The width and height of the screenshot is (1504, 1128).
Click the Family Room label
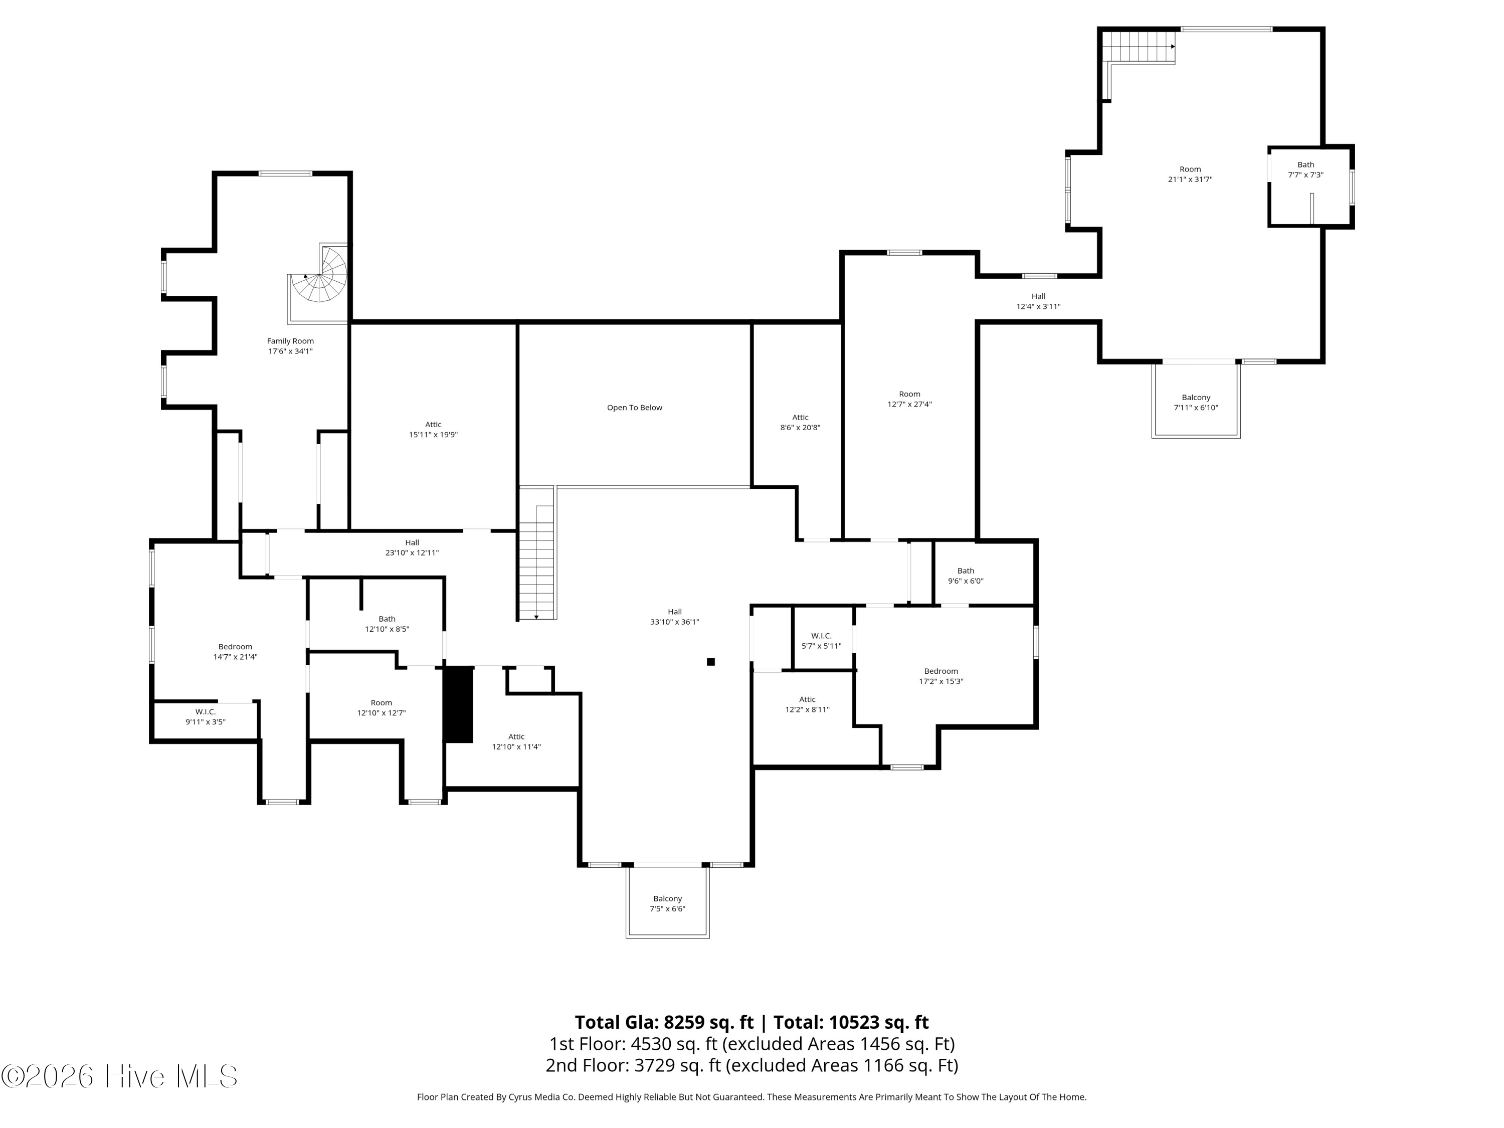tap(290, 346)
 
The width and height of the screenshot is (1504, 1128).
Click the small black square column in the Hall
tap(710, 662)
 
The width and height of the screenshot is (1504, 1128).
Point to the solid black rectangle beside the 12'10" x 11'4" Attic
tap(458, 704)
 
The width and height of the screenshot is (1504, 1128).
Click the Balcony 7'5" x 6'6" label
tap(668, 903)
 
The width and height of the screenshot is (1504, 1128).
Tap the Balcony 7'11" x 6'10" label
tap(1196, 403)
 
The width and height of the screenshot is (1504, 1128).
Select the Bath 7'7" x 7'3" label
tap(1305, 169)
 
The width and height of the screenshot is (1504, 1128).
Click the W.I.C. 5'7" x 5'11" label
tap(821, 641)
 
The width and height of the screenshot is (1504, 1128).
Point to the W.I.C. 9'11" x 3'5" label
tap(206, 716)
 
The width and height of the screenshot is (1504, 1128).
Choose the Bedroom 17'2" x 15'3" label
tap(941, 676)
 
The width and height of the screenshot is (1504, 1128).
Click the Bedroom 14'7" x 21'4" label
tap(235, 651)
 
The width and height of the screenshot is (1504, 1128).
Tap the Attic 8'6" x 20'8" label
tap(800, 422)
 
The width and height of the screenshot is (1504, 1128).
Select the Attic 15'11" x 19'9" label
tap(433, 429)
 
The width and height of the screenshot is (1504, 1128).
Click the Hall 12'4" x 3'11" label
tap(1038, 301)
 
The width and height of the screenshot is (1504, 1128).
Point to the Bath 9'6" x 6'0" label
tap(966, 576)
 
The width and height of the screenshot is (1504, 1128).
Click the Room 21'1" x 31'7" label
tap(1190, 174)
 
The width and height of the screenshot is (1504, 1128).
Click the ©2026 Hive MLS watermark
tap(120, 1076)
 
